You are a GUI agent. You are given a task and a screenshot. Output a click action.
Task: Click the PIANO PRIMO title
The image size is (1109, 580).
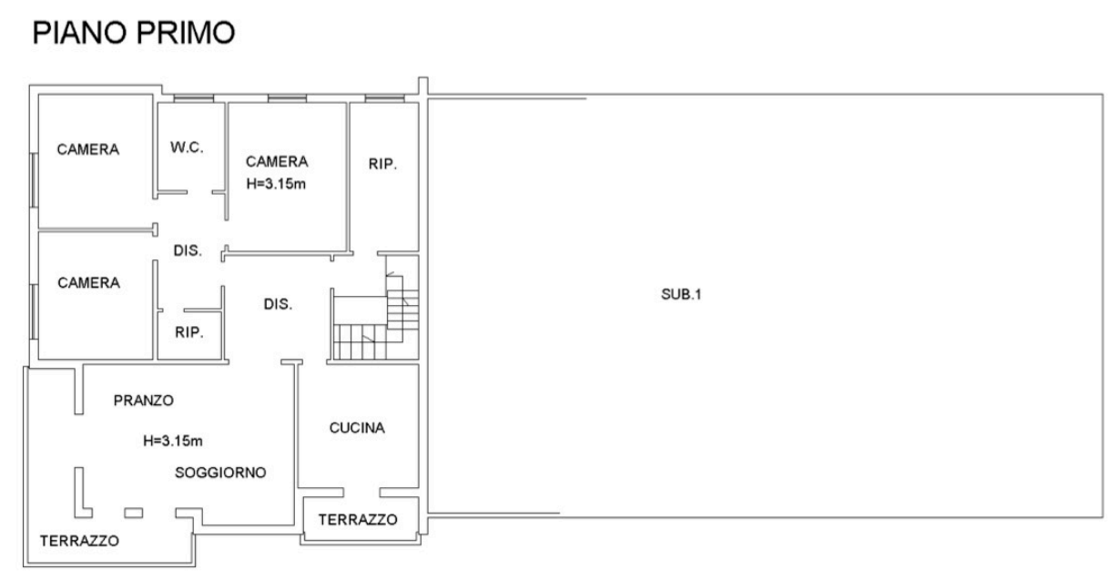pos(133,33)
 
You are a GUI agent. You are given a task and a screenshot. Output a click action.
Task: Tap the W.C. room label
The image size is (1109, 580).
pos(187,148)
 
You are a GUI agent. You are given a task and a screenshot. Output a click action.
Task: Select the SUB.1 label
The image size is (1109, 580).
pos(681,294)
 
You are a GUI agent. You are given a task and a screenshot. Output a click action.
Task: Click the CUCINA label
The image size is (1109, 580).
pos(357,427)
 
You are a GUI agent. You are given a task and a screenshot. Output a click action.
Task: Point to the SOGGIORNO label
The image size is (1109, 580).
pos(220,473)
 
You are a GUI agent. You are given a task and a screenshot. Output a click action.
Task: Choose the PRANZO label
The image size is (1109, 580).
pos(144,401)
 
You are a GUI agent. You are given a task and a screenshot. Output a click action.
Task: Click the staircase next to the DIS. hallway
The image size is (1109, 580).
pos(376,317)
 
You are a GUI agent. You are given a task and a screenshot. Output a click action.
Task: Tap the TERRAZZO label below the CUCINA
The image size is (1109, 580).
pos(358,519)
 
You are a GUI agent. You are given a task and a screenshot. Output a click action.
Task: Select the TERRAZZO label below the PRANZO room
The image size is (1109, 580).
pos(79,540)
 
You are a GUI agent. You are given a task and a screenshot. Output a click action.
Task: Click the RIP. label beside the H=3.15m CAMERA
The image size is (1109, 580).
pos(382,164)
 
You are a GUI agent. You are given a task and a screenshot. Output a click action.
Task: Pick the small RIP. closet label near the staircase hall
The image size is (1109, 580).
pos(189,331)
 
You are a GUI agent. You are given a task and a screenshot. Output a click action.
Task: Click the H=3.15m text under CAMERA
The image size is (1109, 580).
pos(276,184)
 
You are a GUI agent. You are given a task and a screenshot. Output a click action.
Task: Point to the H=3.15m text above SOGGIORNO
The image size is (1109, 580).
pos(173,441)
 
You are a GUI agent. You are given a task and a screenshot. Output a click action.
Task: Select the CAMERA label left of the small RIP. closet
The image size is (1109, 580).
pos(88,282)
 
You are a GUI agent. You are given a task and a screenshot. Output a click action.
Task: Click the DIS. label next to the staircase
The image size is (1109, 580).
pos(278,303)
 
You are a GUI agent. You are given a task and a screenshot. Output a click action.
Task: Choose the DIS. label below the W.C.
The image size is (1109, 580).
pos(188,250)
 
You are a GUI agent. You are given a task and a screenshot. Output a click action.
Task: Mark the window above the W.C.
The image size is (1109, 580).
pos(194,98)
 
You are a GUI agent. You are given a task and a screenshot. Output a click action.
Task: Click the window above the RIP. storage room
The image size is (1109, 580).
pos(384,98)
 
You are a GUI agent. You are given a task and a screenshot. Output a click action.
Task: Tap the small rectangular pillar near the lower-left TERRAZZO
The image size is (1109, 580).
pos(133,513)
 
